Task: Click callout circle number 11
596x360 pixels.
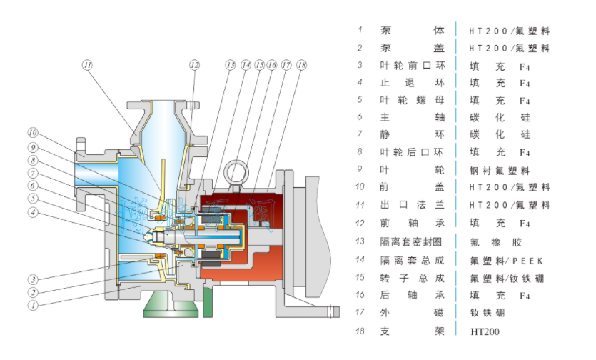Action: point(87,65)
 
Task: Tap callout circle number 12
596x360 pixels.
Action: point(194,64)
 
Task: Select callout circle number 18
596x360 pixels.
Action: point(301,64)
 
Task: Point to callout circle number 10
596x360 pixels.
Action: point(33,133)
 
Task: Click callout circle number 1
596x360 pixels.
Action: point(33,305)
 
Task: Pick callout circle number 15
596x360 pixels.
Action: point(259,64)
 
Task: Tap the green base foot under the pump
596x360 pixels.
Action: point(171,305)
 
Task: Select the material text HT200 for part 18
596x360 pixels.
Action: point(485,331)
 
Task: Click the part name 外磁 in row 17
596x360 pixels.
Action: point(412,312)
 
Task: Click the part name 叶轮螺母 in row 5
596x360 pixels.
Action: point(412,100)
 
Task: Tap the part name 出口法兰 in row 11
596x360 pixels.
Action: point(412,205)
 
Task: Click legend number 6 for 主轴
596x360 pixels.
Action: point(360,117)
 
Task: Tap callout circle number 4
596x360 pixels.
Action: point(33,212)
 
